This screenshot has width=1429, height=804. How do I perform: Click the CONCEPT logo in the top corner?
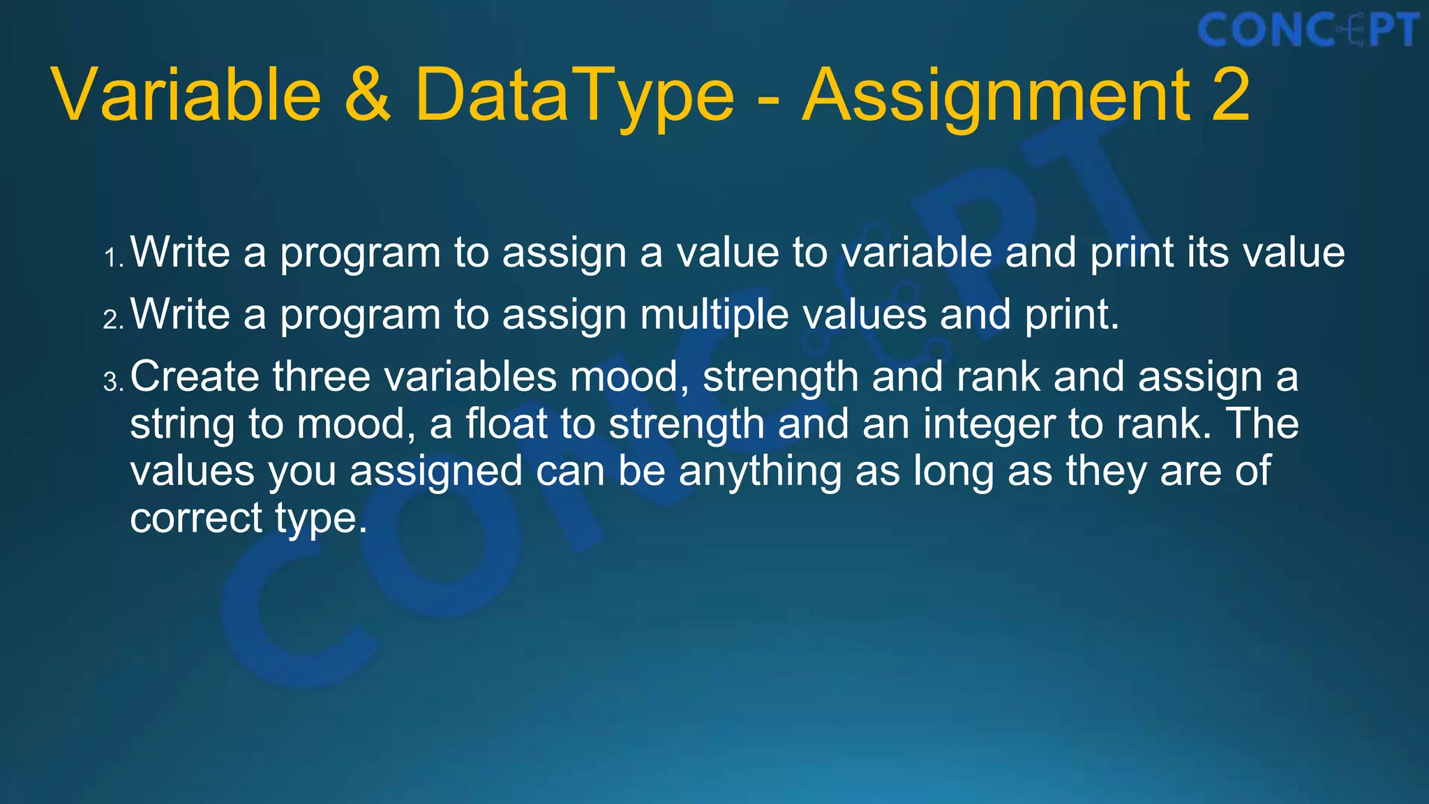[1308, 31]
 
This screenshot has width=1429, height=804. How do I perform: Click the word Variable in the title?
[187, 95]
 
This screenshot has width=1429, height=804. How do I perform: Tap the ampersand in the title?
[367, 95]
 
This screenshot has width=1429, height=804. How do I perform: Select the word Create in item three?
[195, 377]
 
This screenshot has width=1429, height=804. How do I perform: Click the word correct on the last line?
[195, 519]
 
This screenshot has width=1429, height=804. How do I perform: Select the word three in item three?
[322, 377]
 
